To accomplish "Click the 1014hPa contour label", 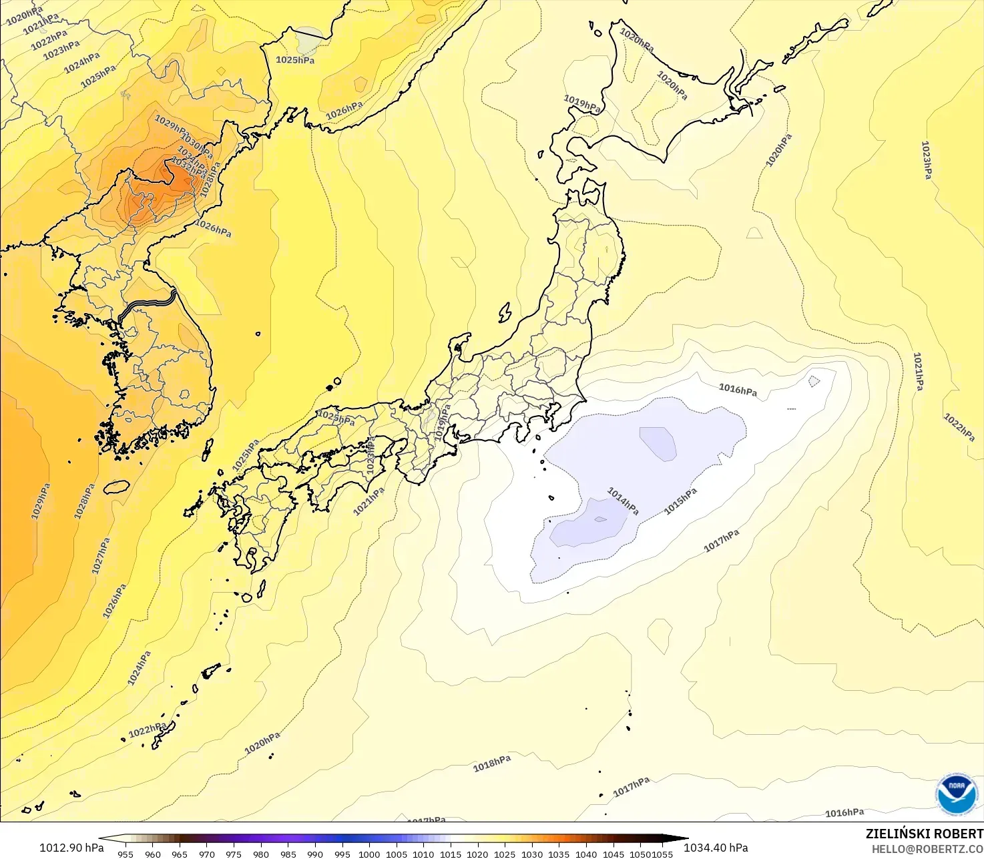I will [x=623, y=501].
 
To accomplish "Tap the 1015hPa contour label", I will [x=680, y=501].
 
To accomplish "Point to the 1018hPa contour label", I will [x=492, y=764].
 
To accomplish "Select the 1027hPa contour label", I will [x=101, y=555].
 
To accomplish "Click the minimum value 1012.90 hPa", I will [x=71, y=848].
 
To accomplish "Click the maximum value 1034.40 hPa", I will [x=716, y=848].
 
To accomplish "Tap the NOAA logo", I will [x=956, y=794].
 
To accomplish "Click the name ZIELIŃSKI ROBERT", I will [x=924, y=834].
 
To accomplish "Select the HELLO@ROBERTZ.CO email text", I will [x=927, y=849].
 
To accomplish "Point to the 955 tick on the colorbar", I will [x=126, y=854].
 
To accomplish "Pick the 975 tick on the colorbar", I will [x=234, y=854].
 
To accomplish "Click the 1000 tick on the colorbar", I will [x=369, y=854].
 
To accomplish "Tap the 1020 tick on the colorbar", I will [x=477, y=854].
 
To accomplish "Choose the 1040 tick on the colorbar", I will [x=586, y=854].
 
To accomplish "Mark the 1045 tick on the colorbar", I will [x=613, y=854].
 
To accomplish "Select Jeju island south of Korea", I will [x=116, y=487].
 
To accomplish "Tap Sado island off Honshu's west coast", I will [x=505, y=312].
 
